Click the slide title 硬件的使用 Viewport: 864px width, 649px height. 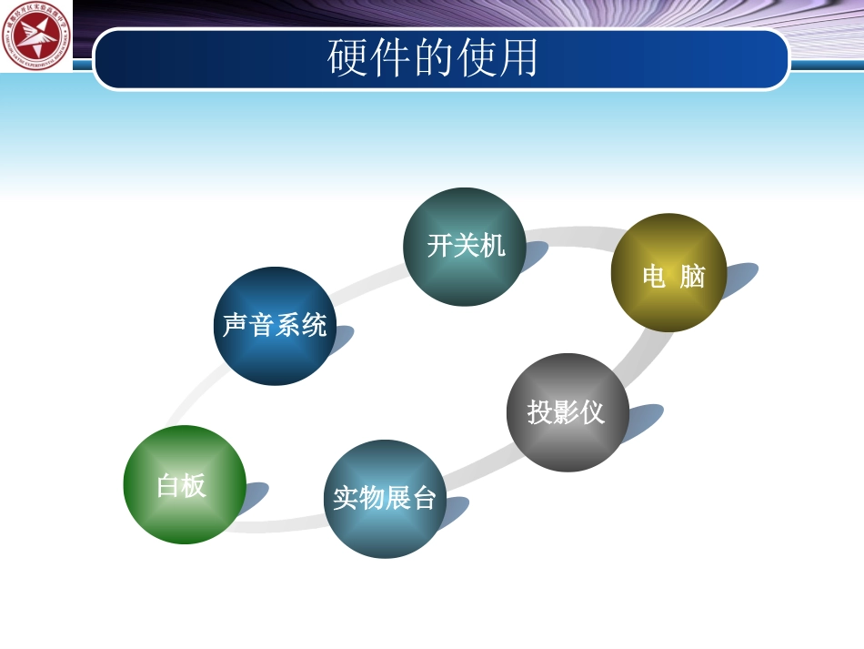[x=433, y=58]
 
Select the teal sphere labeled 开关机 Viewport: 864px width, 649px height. [x=465, y=247]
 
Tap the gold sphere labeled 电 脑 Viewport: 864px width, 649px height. [x=669, y=272]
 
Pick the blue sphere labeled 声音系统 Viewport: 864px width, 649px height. [x=275, y=326]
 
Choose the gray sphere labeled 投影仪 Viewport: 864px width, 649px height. [x=567, y=412]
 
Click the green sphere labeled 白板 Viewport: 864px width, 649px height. [x=185, y=484]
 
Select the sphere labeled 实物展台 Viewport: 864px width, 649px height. [x=386, y=499]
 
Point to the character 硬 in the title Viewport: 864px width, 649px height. [x=347, y=58]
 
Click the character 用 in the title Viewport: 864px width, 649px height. [x=518, y=58]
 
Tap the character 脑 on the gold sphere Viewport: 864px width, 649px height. [x=692, y=277]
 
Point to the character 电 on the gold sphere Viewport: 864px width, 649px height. [x=654, y=277]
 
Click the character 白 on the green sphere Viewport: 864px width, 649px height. [x=169, y=486]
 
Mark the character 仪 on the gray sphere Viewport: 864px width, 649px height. [x=592, y=412]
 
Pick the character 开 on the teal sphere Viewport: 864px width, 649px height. [x=440, y=246]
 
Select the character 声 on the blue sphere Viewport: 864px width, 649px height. [x=236, y=326]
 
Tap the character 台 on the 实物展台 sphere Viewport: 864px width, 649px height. [x=424, y=499]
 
